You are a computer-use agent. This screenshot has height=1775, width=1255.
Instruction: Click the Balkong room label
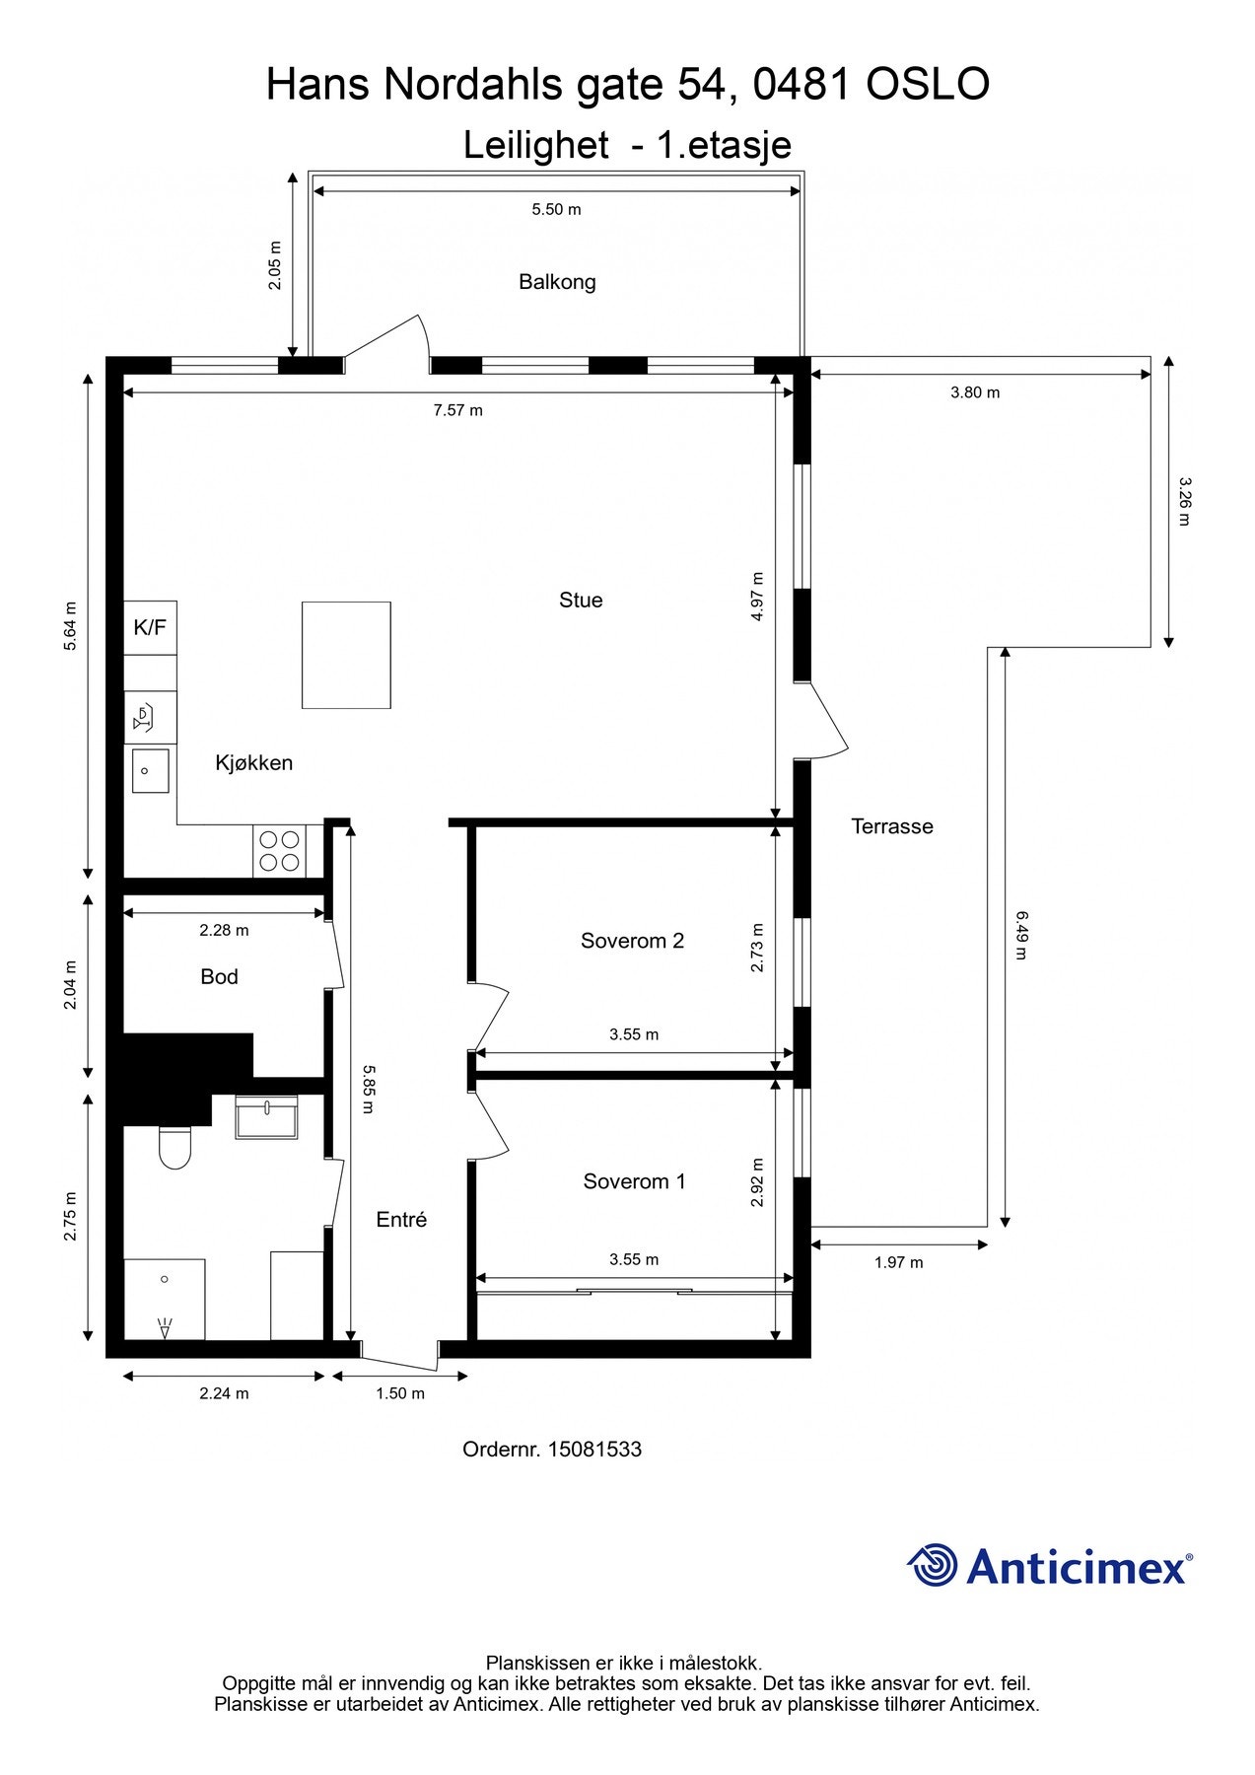(x=557, y=282)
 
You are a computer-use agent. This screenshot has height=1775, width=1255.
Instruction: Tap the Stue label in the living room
(x=581, y=600)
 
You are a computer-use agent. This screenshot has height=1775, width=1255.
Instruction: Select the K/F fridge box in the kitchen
(x=150, y=627)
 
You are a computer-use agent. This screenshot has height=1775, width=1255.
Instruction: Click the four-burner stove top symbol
(x=279, y=851)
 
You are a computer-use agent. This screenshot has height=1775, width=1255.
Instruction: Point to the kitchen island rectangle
(x=346, y=655)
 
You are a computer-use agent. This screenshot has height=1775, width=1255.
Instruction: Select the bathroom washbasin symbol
(x=266, y=1117)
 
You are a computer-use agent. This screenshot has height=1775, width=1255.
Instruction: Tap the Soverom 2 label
(x=632, y=941)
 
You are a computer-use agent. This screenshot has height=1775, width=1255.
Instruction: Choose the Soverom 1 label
(x=634, y=1181)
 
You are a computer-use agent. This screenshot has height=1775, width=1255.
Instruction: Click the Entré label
(x=401, y=1220)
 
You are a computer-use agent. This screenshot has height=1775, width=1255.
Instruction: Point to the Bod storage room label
(x=219, y=976)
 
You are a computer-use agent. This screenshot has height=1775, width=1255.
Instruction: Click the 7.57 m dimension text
(x=458, y=410)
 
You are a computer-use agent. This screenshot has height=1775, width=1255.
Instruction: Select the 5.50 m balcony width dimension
(x=557, y=209)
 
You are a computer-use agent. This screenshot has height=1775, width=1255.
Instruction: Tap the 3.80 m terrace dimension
(x=975, y=392)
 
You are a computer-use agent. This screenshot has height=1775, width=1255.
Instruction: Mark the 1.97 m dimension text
(x=899, y=1262)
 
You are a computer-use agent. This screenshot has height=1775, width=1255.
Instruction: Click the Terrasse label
(x=892, y=826)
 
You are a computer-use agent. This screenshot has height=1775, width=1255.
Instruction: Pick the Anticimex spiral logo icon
(x=933, y=1565)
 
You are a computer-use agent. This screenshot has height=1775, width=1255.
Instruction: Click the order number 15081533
(x=594, y=1450)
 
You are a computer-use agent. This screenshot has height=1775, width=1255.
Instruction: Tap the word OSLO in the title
(x=928, y=86)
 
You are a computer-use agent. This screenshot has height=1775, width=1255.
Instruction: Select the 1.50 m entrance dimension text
(x=400, y=1393)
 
